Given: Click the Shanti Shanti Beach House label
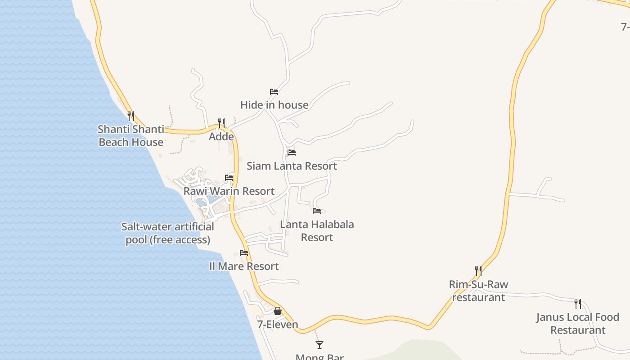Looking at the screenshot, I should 131,136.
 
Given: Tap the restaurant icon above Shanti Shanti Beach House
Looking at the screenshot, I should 131,116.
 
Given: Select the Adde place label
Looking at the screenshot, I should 221,137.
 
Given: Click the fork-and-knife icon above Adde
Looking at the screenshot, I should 221,123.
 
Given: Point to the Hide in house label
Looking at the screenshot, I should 274,105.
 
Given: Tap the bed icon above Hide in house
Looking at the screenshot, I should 274,92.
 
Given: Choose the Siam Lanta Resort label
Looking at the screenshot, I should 292,166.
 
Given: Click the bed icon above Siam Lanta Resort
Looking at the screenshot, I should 292,153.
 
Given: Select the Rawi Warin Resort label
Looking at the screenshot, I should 229,191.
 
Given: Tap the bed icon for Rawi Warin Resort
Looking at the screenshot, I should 229,178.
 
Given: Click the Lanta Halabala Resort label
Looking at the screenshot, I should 317,231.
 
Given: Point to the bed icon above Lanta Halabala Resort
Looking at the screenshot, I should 317,211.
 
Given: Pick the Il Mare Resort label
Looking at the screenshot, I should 244,266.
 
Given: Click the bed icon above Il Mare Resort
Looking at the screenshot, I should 244,253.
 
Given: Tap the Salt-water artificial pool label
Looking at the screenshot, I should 167,233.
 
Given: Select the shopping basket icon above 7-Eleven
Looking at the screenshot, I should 278,311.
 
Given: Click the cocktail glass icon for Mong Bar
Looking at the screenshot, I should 319,345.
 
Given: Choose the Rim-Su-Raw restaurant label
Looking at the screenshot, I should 478,291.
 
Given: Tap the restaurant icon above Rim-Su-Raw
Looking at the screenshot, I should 478,271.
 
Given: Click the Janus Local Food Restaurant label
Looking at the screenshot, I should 578,324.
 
